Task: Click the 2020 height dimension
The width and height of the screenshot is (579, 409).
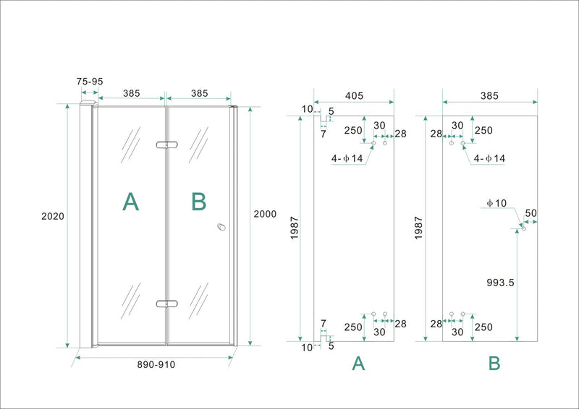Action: click(54, 216)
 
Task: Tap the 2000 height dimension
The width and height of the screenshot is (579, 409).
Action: click(265, 214)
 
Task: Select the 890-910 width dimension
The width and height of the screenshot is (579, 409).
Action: click(156, 365)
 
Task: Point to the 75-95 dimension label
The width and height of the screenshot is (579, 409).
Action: click(89, 82)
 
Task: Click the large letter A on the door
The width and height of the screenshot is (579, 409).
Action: click(130, 202)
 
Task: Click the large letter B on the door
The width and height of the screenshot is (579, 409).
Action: click(198, 202)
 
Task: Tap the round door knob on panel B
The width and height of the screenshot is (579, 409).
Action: click(221, 228)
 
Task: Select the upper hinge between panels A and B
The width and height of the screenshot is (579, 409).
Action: click(166, 145)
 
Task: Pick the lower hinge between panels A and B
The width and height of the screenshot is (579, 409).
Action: click(166, 303)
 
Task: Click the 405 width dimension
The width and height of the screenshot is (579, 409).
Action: click(354, 95)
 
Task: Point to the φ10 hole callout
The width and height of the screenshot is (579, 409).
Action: click(496, 204)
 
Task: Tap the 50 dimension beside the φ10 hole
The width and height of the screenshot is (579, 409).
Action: click(531, 213)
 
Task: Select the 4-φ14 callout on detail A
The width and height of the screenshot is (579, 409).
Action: click(347, 158)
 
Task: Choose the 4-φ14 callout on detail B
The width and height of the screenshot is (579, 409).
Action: click(489, 158)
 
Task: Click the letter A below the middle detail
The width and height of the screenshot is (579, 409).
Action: click(358, 364)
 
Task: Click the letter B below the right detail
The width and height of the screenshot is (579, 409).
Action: click(494, 364)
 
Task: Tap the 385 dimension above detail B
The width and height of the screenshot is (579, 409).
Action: click(489, 95)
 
